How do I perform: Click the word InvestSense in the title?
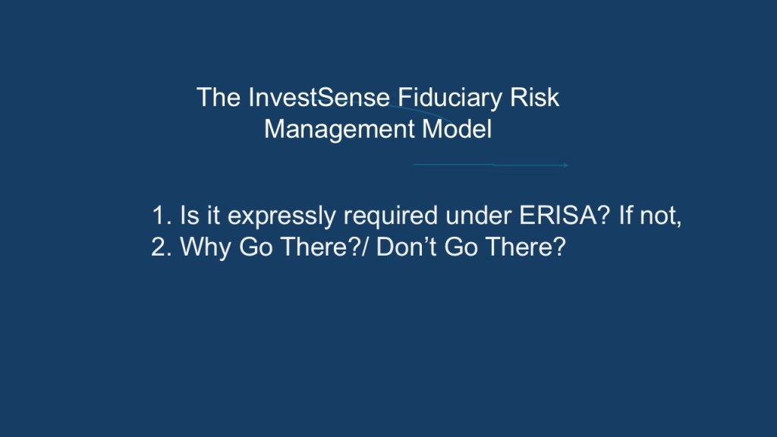[319, 97]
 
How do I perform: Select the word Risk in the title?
[535, 97]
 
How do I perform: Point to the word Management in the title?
[339, 129]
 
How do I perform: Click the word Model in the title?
[457, 129]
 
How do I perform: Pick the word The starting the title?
[219, 97]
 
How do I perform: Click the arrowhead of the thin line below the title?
[566, 165]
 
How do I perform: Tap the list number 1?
[161, 215]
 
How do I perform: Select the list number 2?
[161, 247]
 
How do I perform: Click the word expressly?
[282, 217]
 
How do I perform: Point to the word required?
[391, 217]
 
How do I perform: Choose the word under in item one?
[478, 215]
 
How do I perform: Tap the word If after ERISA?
[625, 215]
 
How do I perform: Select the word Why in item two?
[205, 248]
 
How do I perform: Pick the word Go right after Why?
[256, 247]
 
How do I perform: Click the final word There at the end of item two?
[525, 247]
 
